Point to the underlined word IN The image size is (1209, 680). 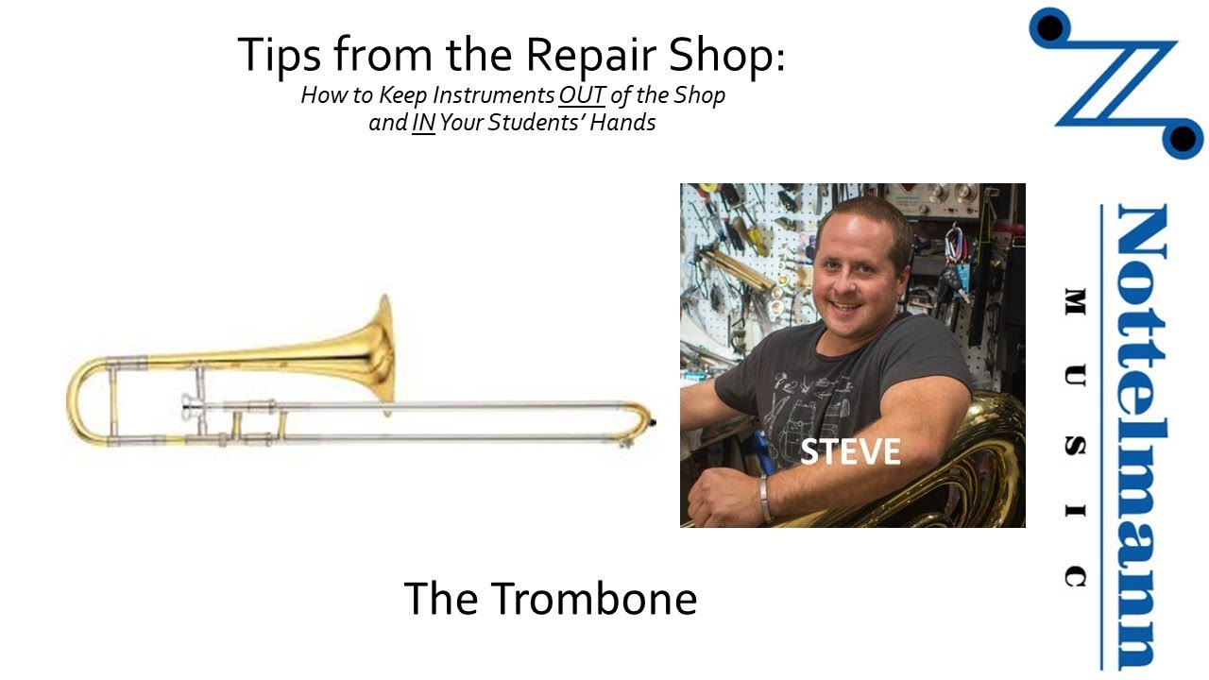coord(422,123)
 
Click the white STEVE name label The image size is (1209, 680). coord(850,451)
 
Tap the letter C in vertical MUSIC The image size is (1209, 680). coord(1075,575)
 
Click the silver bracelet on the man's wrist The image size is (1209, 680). coord(764,498)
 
